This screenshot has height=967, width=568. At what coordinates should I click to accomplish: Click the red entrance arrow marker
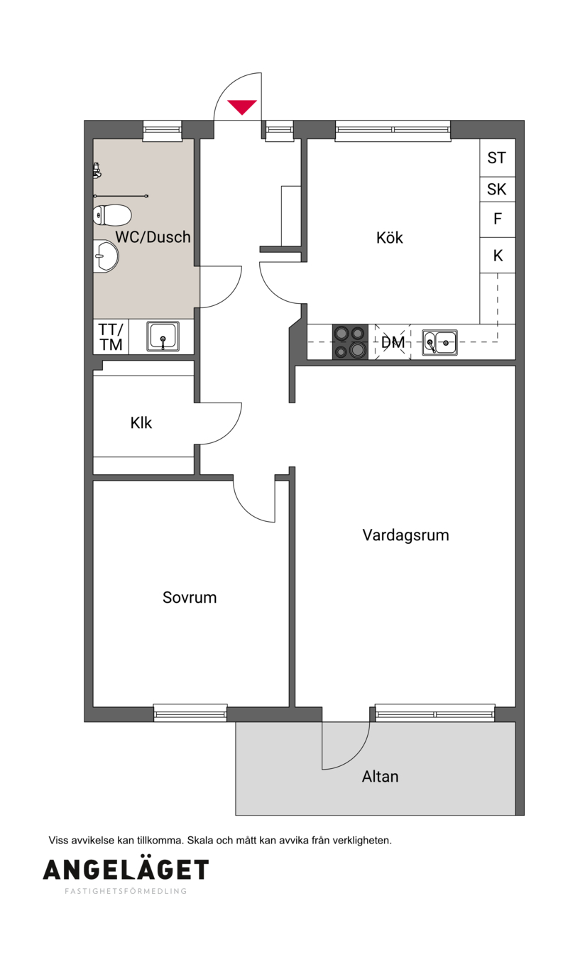(x=242, y=106)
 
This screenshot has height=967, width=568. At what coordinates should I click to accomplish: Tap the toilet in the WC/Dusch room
(x=111, y=214)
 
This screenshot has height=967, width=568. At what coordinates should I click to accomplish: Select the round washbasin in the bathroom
(x=105, y=257)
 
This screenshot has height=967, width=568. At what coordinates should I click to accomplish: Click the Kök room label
(x=389, y=237)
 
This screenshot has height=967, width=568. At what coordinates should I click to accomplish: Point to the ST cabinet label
(x=496, y=158)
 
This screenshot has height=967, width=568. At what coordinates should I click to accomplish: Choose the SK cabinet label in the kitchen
(x=496, y=189)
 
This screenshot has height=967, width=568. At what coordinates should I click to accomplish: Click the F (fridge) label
(x=497, y=219)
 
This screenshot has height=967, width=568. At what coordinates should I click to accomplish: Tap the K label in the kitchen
(x=498, y=256)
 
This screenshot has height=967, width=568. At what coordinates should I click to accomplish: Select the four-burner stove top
(x=350, y=342)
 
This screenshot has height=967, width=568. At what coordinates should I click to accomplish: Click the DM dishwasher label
(x=393, y=342)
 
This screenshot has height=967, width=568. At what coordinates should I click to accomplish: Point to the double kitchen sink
(x=439, y=342)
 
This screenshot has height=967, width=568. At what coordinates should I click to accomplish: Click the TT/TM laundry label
(x=111, y=337)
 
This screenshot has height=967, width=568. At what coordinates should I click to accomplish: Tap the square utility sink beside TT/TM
(x=163, y=337)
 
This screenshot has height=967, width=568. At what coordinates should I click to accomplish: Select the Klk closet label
(x=141, y=422)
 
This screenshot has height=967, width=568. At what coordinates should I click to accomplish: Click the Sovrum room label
(x=190, y=598)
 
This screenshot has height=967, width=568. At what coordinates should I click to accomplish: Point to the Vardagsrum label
(x=405, y=535)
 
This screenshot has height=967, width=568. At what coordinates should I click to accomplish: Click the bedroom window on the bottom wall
(x=190, y=713)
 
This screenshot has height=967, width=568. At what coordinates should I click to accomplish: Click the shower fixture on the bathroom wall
(x=97, y=170)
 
